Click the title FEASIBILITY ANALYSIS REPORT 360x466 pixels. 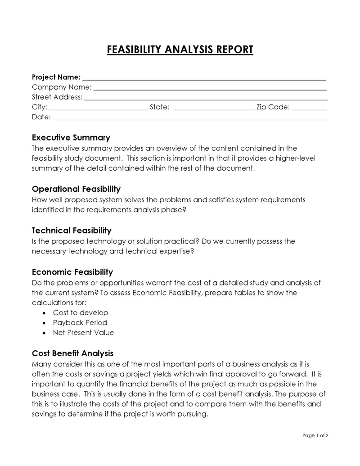coord(180,50)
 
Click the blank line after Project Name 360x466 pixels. coord(204,77)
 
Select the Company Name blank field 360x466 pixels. coord(209,88)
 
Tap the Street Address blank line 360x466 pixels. coord(206,98)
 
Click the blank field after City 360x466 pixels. coord(98,108)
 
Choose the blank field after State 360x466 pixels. coord(213,108)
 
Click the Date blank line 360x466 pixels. coord(190,118)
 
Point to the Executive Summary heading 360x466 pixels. coord(71,138)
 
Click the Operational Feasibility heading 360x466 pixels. coord(76,189)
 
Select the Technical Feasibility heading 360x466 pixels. coord(72,231)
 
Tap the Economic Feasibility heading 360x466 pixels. coord(72,272)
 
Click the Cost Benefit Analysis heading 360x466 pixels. coord(72,353)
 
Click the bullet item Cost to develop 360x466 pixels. coord(81,312)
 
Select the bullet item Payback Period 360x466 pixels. coord(80,323)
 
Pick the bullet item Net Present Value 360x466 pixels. coord(83,333)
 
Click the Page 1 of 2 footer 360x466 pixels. coord(315,435)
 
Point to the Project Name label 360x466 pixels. coord(56,77)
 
